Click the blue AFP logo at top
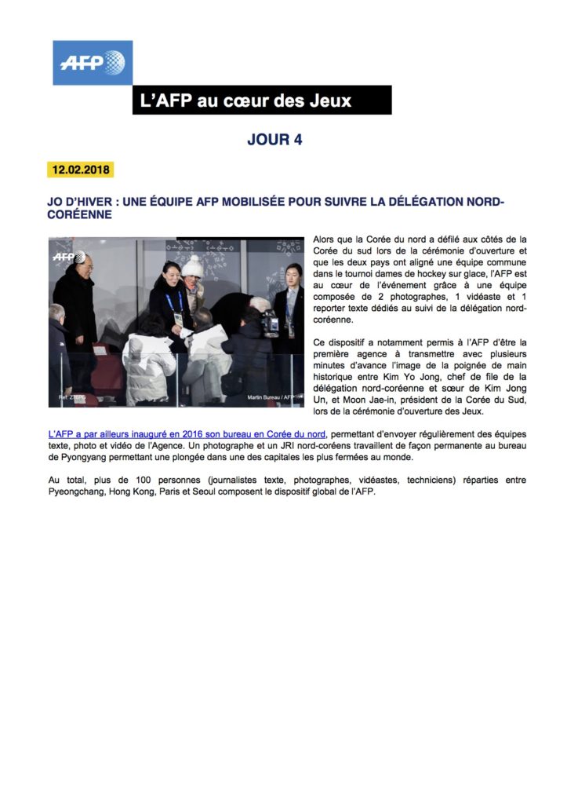click(x=93, y=62)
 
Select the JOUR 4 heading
click(x=274, y=140)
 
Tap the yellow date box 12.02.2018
click(x=81, y=170)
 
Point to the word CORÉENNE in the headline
click(x=79, y=214)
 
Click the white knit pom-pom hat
click(x=192, y=266)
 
